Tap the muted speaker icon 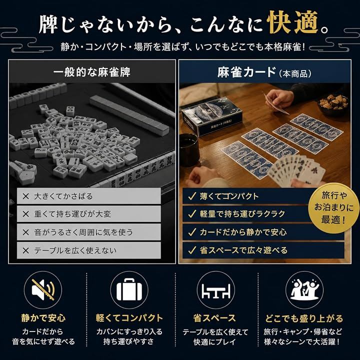(43, 289)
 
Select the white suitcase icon (129, 289)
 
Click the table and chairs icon (216, 291)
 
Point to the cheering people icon (304, 289)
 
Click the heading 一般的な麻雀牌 (92, 72)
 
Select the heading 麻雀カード (246, 72)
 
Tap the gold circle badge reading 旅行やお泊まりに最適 (333, 208)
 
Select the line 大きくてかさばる (63, 196)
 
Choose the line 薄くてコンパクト (229, 196)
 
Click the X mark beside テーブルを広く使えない (25, 250)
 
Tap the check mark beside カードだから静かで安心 (192, 232)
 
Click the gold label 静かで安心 (43, 318)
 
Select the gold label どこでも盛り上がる (304, 318)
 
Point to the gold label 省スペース (214, 318)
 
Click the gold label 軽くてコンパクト (129, 318)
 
